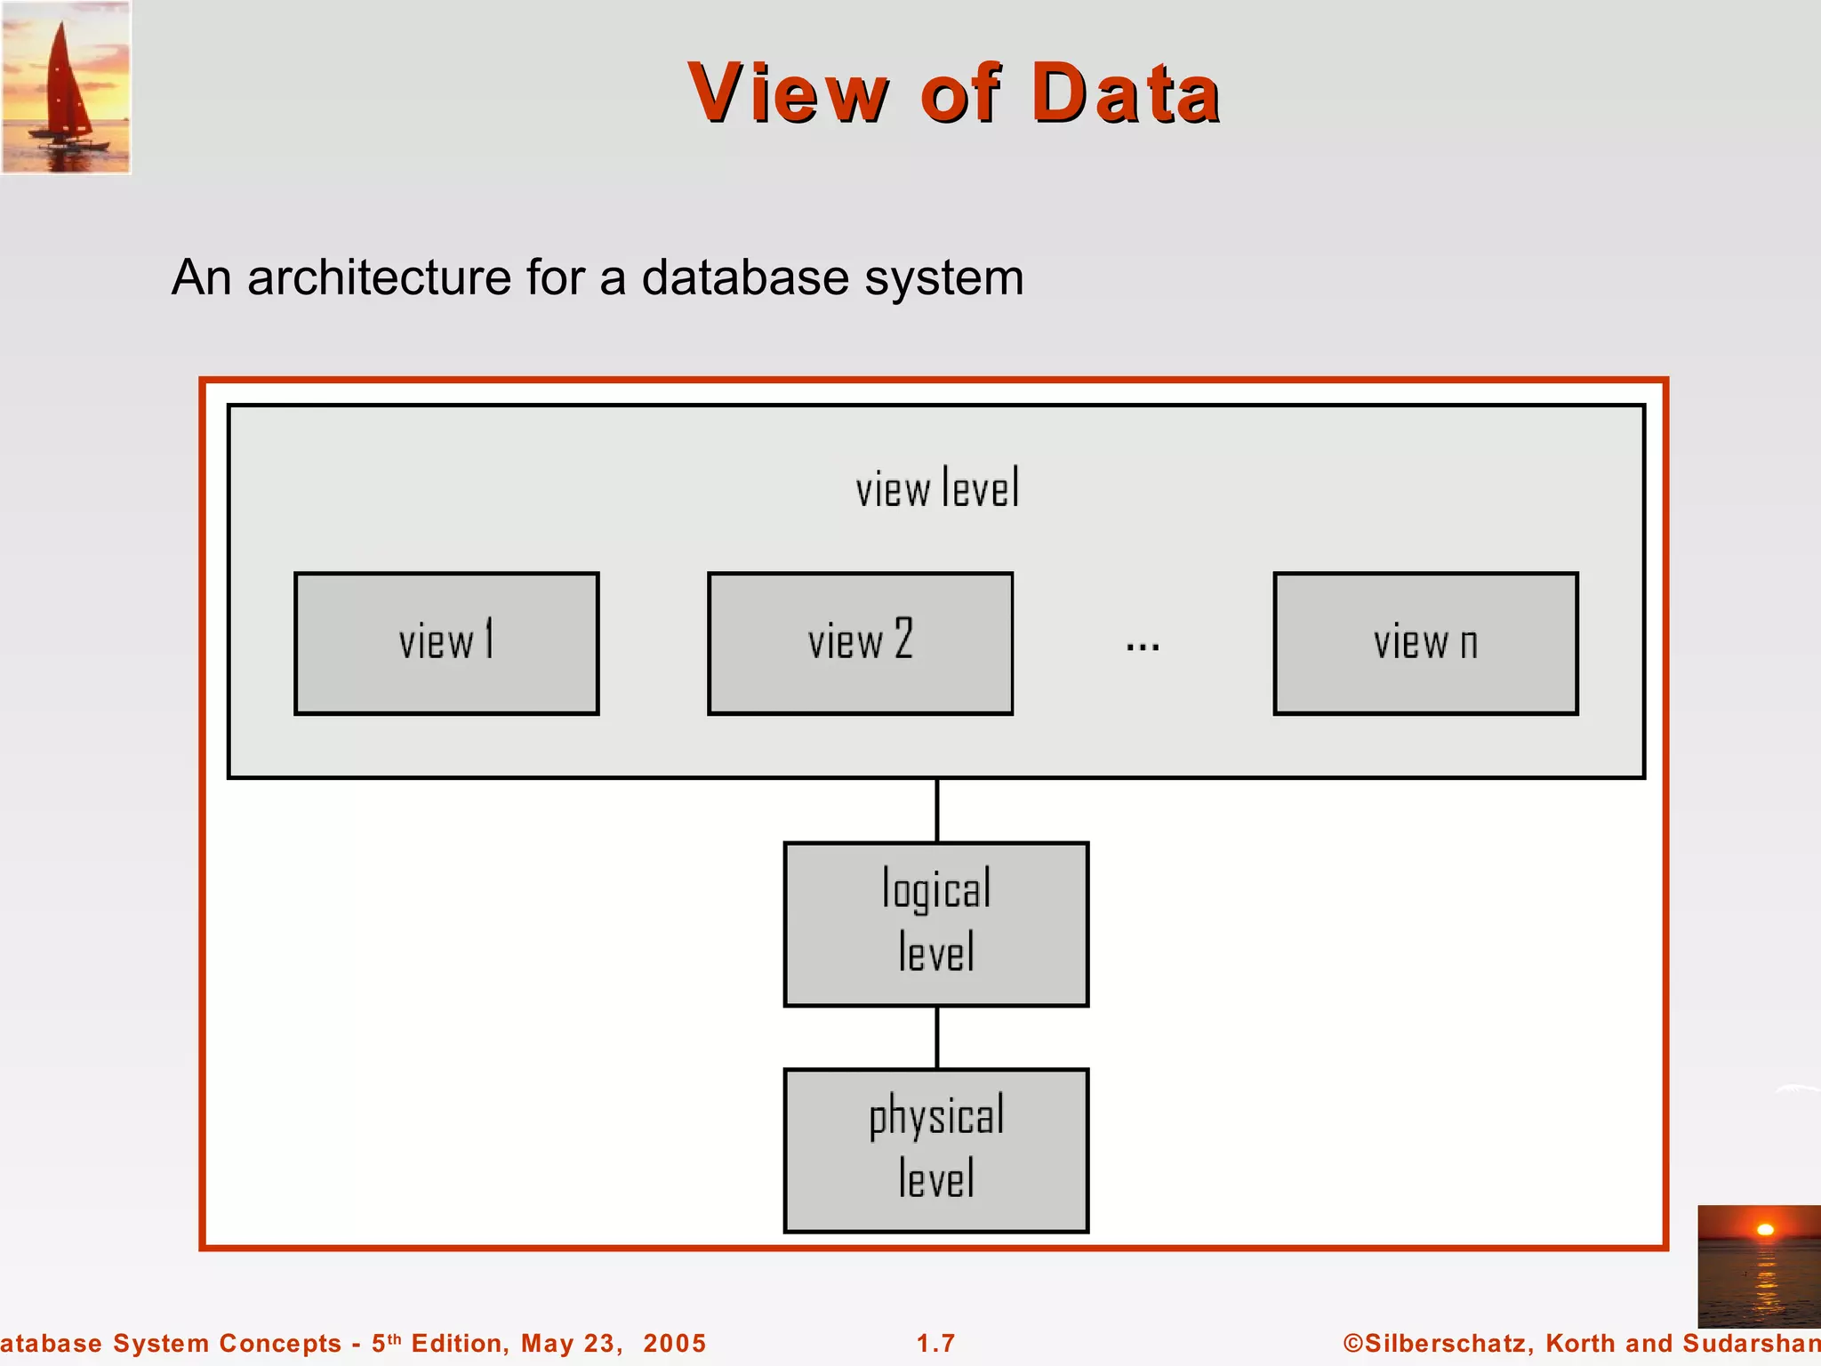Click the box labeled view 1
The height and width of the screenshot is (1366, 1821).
[446, 643]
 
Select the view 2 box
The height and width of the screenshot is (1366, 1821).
[860, 643]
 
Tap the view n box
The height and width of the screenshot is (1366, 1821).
[1425, 643]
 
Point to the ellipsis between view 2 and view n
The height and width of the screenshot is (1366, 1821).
[1143, 647]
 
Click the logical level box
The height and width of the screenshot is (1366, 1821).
[935, 924]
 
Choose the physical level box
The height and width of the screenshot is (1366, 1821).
[935, 1150]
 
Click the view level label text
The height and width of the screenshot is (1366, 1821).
[937, 489]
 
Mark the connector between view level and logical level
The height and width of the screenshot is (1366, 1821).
[937, 810]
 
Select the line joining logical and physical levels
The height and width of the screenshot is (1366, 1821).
[937, 1037]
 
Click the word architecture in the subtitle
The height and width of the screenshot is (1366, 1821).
[379, 277]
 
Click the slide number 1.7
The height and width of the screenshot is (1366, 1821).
[935, 1343]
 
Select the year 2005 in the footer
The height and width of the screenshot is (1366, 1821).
[674, 1343]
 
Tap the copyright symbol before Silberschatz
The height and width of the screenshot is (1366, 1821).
[1352, 1343]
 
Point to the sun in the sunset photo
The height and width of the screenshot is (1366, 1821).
[1765, 1230]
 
